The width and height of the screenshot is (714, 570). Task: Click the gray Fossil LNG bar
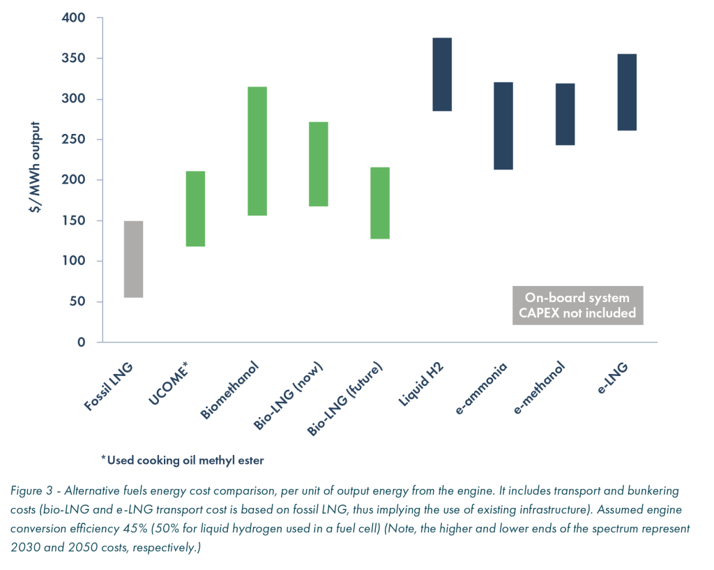click(133, 259)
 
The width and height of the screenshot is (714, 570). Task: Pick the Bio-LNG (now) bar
click(319, 164)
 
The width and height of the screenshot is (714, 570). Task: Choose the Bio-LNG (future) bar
click(380, 203)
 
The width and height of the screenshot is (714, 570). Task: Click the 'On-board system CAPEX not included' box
click(577, 306)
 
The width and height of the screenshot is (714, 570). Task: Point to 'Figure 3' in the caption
click(31, 490)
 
